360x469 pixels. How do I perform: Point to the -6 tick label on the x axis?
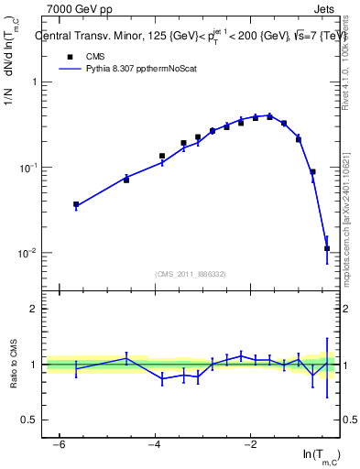click(59, 444)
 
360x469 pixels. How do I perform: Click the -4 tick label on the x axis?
click(154, 444)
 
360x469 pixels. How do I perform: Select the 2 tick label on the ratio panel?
click(34, 309)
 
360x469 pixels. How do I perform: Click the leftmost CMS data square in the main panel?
click(76, 205)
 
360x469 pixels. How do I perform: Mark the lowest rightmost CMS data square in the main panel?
click(327, 248)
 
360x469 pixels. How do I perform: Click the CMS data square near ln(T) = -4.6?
click(126, 180)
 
